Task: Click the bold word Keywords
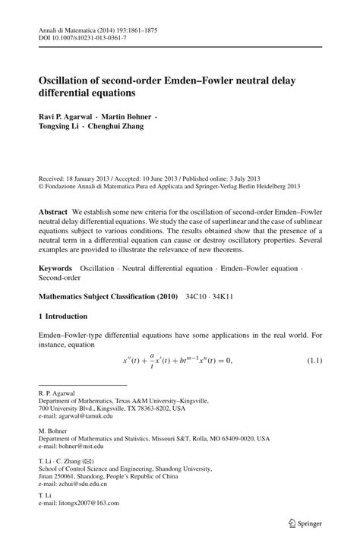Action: [x=55, y=269]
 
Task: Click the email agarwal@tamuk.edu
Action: [x=85, y=416]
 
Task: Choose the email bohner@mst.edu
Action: [x=84, y=446]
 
